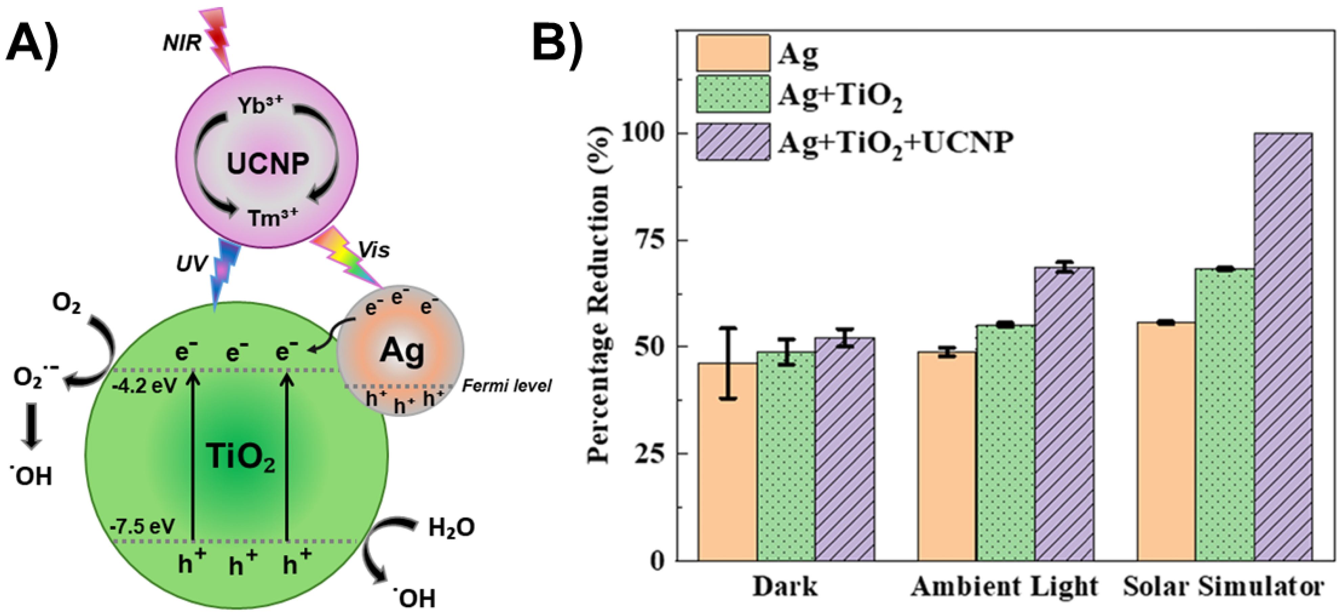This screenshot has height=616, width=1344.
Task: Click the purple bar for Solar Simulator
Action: tap(1283, 347)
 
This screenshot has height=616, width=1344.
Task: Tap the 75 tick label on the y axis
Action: tap(649, 240)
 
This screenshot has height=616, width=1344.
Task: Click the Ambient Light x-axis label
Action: tap(1004, 587)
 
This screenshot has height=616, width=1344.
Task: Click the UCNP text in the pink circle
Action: tap(268, 164)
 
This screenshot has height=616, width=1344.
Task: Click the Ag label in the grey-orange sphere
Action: tap(401, 351)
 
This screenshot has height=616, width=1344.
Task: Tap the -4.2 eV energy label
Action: tap(144, 386)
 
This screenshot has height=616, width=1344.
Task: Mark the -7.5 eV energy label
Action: tap(142, 526)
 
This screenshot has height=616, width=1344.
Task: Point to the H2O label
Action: tap(451, 528)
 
